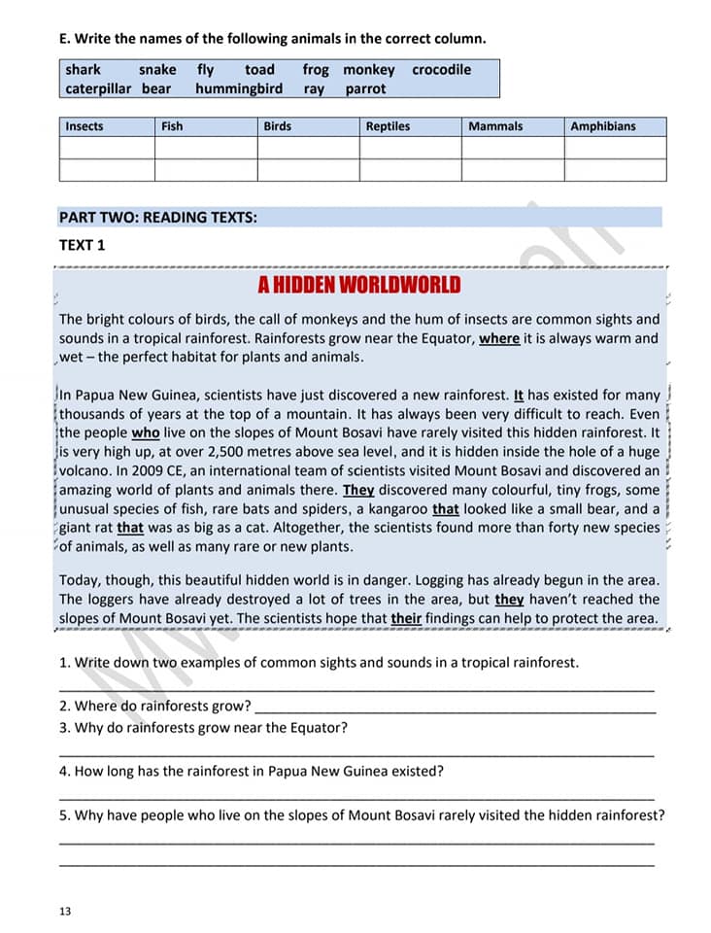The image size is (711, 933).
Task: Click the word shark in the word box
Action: pyautogui.click(x=83, y=70)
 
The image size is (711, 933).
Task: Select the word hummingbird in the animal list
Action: pyautogui.click(x=239, y=88)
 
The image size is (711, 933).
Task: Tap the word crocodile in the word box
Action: pyautogui.click(x=441, y=70)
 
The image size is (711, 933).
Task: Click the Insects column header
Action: pyautogui.click(x=85, y=126)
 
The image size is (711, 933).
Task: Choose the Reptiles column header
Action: pyautogui.click(x=388, y=126)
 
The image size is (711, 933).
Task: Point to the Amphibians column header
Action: pyautogui.click(x=603, y=126)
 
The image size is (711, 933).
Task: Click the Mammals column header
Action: pyautogui.click(x=495, y=126)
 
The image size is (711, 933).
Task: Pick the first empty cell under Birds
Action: pyautogui.click(x=308, y=148)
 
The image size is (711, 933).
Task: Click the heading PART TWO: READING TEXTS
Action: pyautogui.click(x=158, y=217)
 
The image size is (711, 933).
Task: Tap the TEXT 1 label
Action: pyautogui.click(x=82, y=245)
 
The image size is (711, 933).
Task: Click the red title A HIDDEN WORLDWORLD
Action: pyautogui.click(x=359, y=285)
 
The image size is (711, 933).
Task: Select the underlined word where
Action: pyautogui.click(x=499, y=338)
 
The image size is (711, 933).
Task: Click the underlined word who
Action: pyautogui.click(x=145, y=433)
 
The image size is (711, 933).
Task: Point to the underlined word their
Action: pyautogui.click(x=406, y=618)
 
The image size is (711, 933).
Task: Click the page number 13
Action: pyautogui.click(x=65, y=911)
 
